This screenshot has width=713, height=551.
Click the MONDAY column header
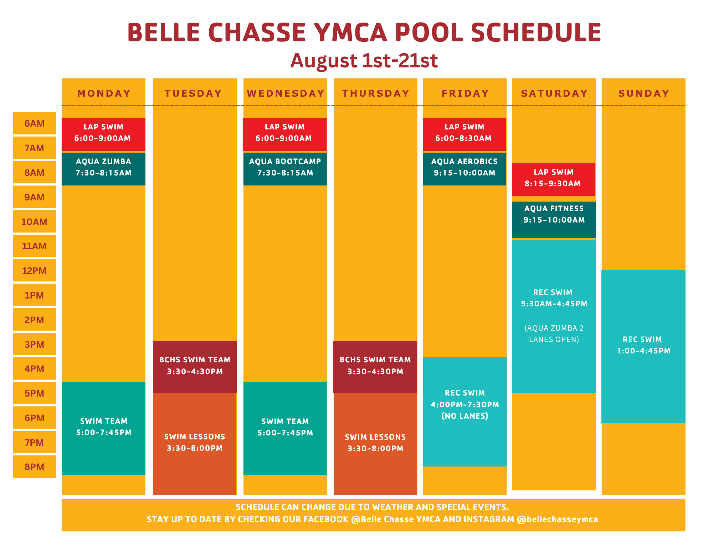104,93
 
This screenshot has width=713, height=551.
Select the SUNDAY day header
644,93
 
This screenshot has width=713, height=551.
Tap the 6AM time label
35,123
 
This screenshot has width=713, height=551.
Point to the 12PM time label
35,271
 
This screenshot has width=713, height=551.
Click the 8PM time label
35,467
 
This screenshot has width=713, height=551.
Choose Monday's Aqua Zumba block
103,169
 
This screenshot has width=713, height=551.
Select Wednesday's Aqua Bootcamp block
285,169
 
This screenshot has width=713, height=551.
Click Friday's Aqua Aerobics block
465,169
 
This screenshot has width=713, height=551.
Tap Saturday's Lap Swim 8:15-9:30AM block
554,180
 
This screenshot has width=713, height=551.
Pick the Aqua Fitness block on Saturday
554,220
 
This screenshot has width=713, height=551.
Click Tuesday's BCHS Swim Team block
195,367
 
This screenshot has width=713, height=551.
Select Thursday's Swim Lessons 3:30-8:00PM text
375,443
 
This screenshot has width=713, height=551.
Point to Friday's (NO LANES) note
465,416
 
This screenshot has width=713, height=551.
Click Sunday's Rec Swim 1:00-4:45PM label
643,345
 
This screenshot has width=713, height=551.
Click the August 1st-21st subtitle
364,61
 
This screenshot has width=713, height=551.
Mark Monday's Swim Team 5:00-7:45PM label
104,427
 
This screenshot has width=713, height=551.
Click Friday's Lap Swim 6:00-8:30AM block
465,134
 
